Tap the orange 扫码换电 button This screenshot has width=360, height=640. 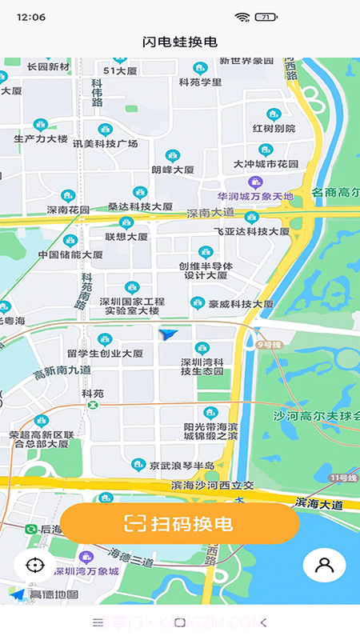pos(179,524)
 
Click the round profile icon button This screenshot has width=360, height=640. pos(324,565)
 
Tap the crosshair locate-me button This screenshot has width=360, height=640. pos(34,565)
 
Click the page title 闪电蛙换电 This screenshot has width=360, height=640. pos(179,42)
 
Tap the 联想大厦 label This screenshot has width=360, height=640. pos(126,237)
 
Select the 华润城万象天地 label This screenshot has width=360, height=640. pos(256,196)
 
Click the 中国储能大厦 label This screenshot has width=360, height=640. pos(70,255)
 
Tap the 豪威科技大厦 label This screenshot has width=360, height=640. pos(242,304)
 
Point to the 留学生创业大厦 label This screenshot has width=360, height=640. pos(105,353)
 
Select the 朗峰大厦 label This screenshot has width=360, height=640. pos(173,170)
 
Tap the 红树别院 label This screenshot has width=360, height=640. pos(274,128)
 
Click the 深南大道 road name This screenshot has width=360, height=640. pos(210,214)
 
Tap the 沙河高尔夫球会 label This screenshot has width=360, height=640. pos(318,416)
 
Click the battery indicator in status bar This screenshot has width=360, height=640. pos(266,17)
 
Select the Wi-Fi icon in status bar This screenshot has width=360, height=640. pos(242,17)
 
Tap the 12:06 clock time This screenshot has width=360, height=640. pos(30,17)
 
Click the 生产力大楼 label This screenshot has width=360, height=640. pos(41,138)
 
